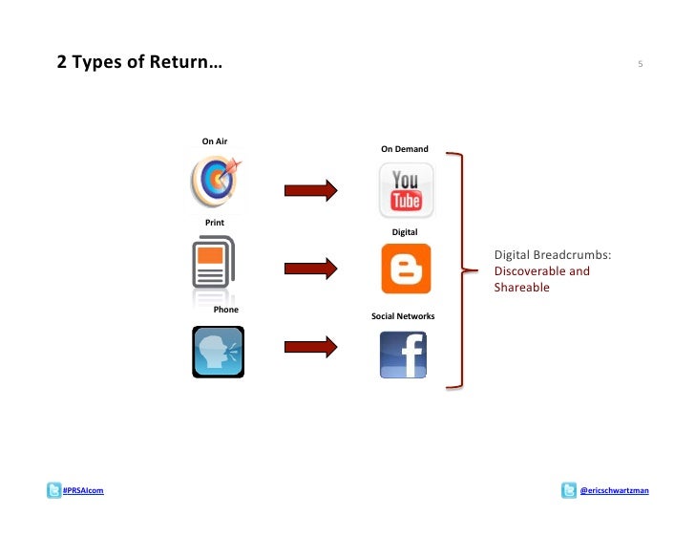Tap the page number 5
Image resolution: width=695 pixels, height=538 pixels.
tap(640, 65)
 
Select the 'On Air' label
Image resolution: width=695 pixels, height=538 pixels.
tap(215, 141)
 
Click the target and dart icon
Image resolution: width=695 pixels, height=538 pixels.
tap(216, 182)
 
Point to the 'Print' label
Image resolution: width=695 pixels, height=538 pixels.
tap(215, 222)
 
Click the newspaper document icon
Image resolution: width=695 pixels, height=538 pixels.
tap(213, 263)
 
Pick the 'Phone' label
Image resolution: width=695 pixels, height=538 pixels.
tap(226, 310)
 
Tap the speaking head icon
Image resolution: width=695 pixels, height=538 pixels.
tap(219, 352)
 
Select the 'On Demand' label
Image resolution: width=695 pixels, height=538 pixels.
tap(405, 149)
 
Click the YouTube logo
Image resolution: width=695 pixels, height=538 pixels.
tap(406, 190)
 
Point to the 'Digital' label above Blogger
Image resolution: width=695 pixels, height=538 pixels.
tap(405, 232)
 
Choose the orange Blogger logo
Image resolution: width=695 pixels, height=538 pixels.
tap(406, 269)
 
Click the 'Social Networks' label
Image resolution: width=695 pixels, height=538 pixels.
tap(403, 316)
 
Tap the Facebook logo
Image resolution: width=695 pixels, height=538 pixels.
tap(404, 355)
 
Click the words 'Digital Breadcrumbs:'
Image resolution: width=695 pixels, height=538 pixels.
tap(553, 256)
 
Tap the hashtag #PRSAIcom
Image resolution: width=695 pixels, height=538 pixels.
tap(83, 490)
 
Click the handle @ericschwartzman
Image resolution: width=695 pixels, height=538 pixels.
tap(615, 490)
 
